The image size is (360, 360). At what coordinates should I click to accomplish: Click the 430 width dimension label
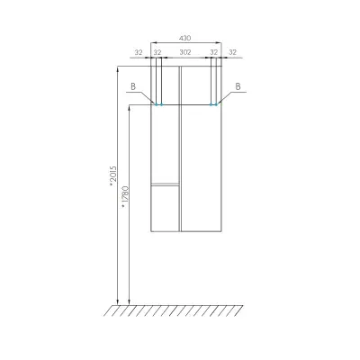coord(184,38)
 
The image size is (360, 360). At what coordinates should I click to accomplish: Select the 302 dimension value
coord(185,52)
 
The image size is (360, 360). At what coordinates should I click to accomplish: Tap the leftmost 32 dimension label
coord(139,52)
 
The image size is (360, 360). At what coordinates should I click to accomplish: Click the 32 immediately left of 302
coord(157,52)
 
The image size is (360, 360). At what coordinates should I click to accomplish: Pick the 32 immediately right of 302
coord(213,52)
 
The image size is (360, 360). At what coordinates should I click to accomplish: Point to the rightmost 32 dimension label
coord(232,52)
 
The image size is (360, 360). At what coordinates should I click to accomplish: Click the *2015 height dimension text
coord(112,176)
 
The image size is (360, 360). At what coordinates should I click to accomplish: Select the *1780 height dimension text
coord(125,197)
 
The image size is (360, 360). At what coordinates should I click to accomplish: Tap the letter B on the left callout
coord(133,86)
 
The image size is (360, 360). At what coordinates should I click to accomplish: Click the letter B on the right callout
coord(238,86)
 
